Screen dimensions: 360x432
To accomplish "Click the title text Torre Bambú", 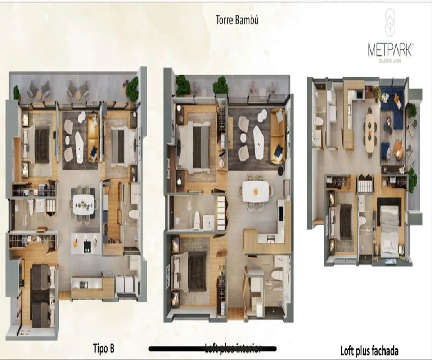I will pos(237,20).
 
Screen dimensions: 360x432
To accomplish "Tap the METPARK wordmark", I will pos(390,50).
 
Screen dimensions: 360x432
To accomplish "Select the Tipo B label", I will pos(104,348).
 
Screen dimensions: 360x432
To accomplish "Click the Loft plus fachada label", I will pos(369,350).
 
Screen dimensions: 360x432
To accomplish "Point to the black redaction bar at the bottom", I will pos(212,348).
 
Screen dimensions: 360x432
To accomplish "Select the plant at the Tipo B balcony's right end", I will pos(132,89).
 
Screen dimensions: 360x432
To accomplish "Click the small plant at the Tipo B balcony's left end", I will pos(17,93).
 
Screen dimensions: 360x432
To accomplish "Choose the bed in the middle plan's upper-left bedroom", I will pos(194,145).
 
